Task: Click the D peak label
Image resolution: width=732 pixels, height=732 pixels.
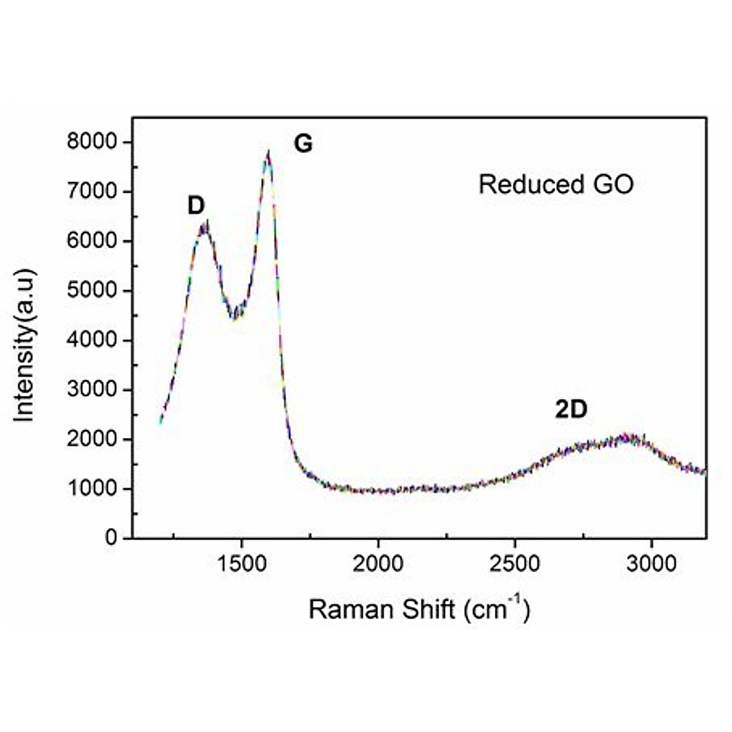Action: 196,206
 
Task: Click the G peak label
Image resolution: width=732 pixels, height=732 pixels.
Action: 303,144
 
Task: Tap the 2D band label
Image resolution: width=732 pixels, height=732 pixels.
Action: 571,410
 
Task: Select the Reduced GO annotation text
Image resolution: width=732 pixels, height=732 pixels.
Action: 556,184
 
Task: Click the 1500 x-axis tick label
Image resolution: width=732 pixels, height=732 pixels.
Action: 242,563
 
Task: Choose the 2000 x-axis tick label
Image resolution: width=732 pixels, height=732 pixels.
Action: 378,563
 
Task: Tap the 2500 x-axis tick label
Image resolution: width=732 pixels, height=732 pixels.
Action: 515,563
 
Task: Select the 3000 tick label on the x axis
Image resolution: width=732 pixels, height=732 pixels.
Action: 651,563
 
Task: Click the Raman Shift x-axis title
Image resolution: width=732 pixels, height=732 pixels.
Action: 419,609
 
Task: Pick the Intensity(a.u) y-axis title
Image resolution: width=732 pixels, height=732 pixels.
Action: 25,345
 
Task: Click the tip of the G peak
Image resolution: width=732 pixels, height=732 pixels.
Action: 268,152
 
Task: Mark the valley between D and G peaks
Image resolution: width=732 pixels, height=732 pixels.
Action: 234,317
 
